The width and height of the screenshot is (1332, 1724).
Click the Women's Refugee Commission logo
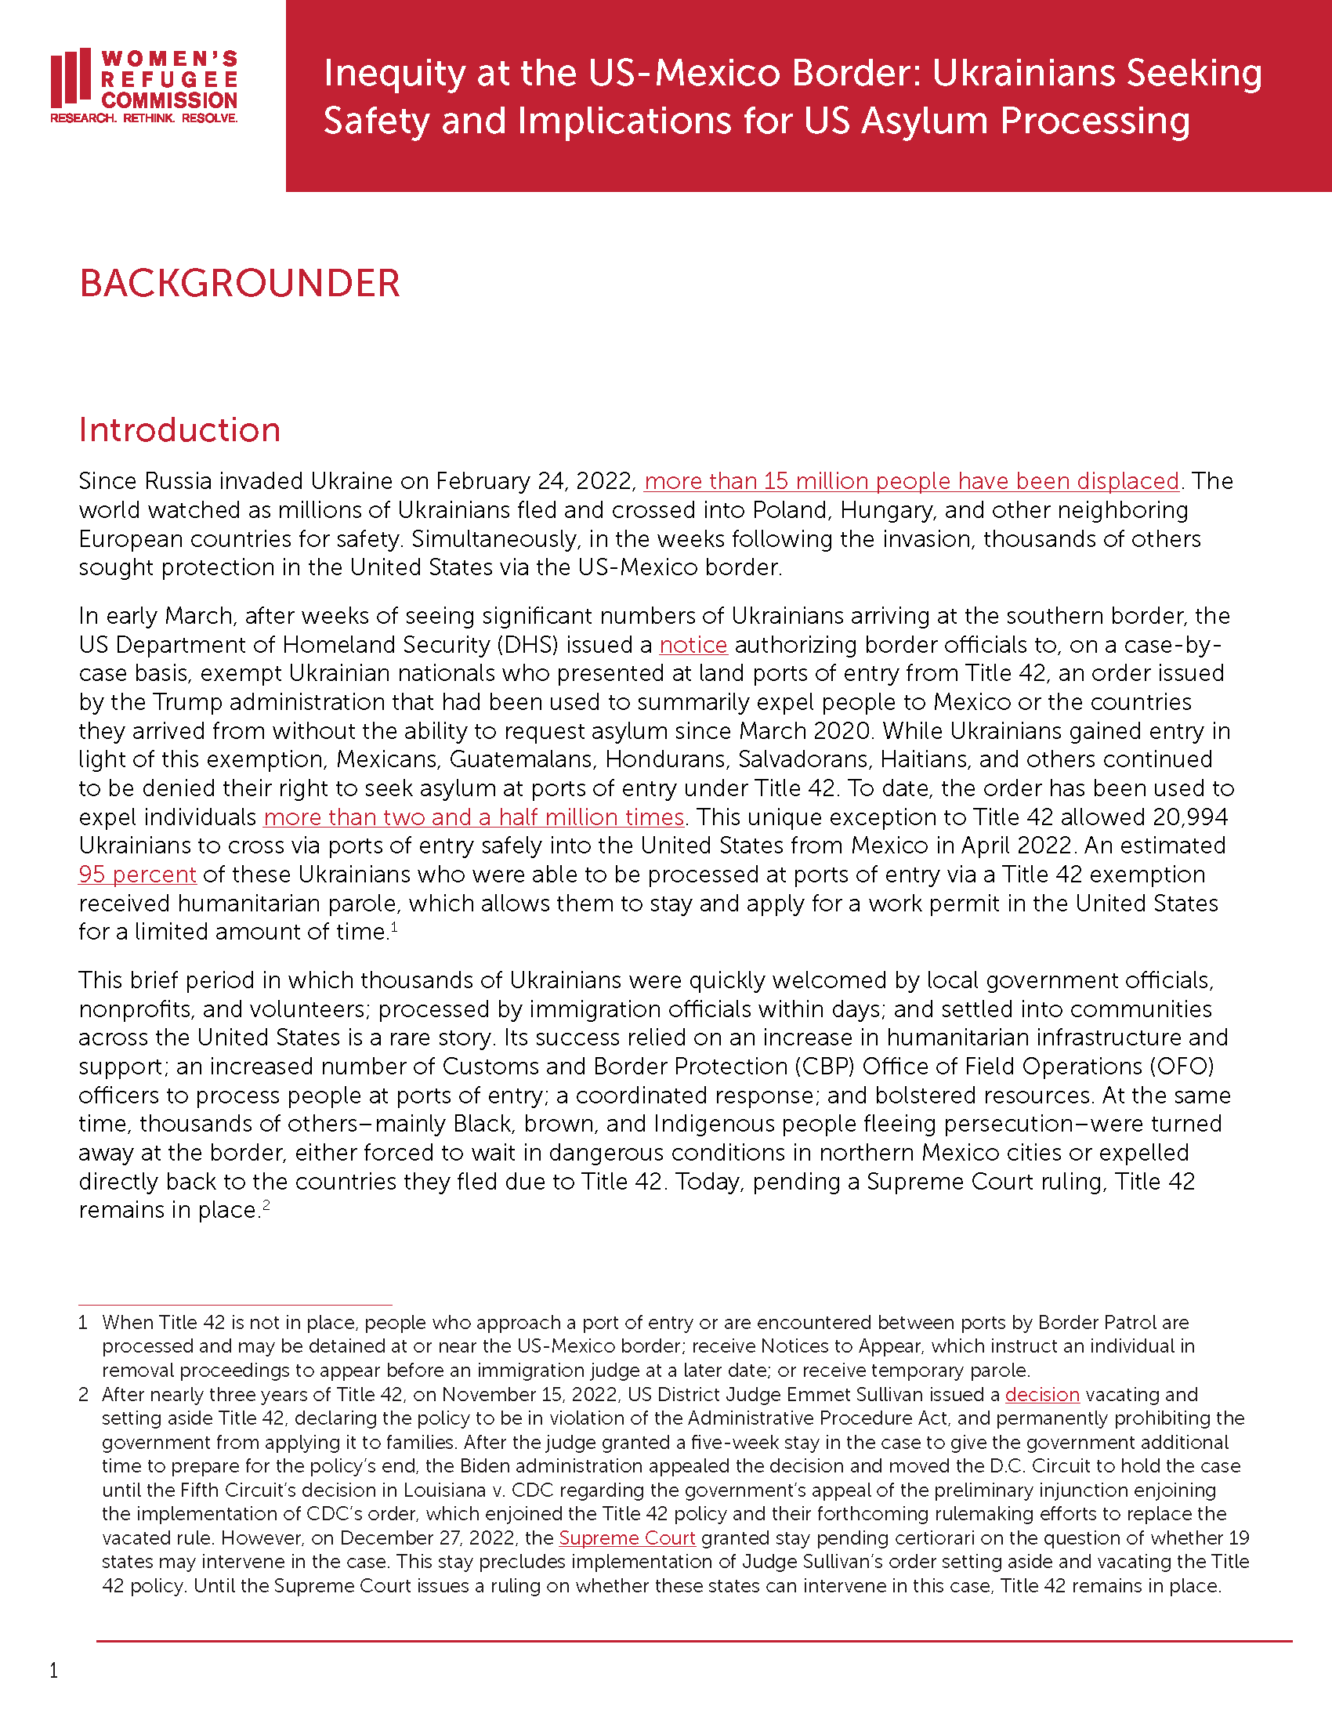[x=143, y=85]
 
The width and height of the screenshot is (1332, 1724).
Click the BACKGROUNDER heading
[x=239, y=284]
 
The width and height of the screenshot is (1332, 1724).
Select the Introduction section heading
[x=179, y=430]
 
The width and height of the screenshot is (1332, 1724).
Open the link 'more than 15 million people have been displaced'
[x=911, y=480]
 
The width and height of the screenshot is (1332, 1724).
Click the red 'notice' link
[x=693, y=645]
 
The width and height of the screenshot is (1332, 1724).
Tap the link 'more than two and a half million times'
[x=473, y=817]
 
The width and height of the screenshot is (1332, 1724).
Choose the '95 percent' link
[x=137, y=875]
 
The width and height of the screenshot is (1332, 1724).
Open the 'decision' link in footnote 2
[x=1041, y=1395]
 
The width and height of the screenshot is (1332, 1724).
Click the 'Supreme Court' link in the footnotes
[x=627, y=1538]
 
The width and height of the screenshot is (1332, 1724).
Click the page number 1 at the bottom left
[x=53, y=1671]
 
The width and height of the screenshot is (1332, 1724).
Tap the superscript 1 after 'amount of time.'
[x=394, y=927]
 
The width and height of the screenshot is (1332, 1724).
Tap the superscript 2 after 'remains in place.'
[x=266, y=1205]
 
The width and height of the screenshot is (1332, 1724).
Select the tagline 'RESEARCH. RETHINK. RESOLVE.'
[x=143, y=118]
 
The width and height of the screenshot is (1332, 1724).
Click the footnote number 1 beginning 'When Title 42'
[x=83, y=1323]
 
